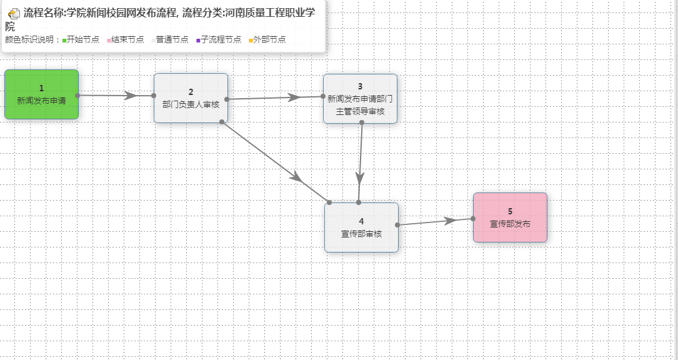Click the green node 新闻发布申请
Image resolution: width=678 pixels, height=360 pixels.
[41, 94]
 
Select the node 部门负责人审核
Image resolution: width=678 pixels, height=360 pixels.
[191, 98]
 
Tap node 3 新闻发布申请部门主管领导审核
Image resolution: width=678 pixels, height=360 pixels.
[360, 99]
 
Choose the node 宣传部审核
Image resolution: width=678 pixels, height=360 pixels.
[361, 227]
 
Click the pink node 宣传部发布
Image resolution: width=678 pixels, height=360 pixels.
[510, 217]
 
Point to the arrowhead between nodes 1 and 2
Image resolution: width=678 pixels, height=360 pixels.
[131, 96]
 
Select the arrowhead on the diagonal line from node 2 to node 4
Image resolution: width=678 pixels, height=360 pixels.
[297, 177]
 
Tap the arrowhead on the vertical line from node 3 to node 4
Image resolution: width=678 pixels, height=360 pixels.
[359, 176]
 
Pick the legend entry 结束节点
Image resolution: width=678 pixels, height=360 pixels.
[125, 39]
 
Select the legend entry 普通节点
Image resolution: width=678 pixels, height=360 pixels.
[170, 39]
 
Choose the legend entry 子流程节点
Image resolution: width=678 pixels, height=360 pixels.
[219, 39]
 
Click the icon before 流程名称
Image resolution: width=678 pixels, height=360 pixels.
[14, 13]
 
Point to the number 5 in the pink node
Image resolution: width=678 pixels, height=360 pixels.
[510, 211]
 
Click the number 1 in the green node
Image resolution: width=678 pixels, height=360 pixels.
[41, 88]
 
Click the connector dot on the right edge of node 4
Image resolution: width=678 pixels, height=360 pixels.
[397, 224]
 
